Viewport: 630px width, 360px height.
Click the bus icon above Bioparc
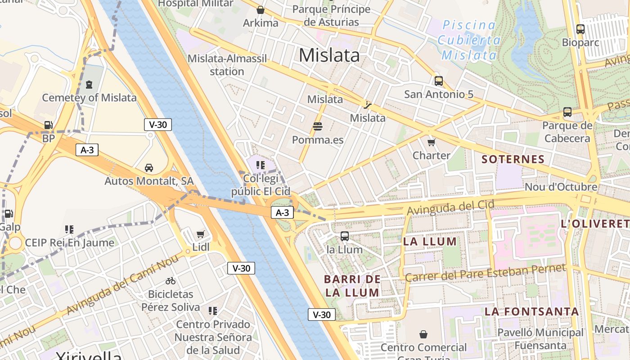click(x=580, y=29)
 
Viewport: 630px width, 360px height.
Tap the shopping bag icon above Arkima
click(x=260, y=10)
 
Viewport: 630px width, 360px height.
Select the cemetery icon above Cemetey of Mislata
click(x=89, y=84)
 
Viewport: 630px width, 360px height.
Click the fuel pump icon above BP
click(x=48, y=126)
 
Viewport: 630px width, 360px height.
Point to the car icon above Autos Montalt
click(x=148, y=168)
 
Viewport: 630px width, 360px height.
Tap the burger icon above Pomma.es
click(x=318, y=126)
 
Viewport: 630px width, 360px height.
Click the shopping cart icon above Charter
click(x=432, y=143)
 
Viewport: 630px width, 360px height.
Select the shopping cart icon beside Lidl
click(x=201, y=234)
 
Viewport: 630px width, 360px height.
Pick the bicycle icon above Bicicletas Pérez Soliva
click(x=171, y=281)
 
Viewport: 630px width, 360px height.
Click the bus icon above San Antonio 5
click(x=439, y=81)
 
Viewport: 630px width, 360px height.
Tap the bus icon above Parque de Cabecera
click(x=567, y=112)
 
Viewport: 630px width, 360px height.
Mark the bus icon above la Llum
click(x=345, y=236)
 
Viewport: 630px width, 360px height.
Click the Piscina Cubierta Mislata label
click(x=469, y=40)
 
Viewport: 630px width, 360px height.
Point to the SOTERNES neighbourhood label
click(x=513, y=159)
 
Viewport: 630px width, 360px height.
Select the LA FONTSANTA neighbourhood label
click(x=531, y=311)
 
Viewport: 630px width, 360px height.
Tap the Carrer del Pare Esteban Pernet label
click(x=485, y=273)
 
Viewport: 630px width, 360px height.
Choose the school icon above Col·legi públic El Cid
click(x=261, y=165)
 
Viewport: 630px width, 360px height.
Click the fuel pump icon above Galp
click(x=9, y=214)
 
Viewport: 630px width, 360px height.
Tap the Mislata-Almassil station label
click(x=227, y=65)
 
